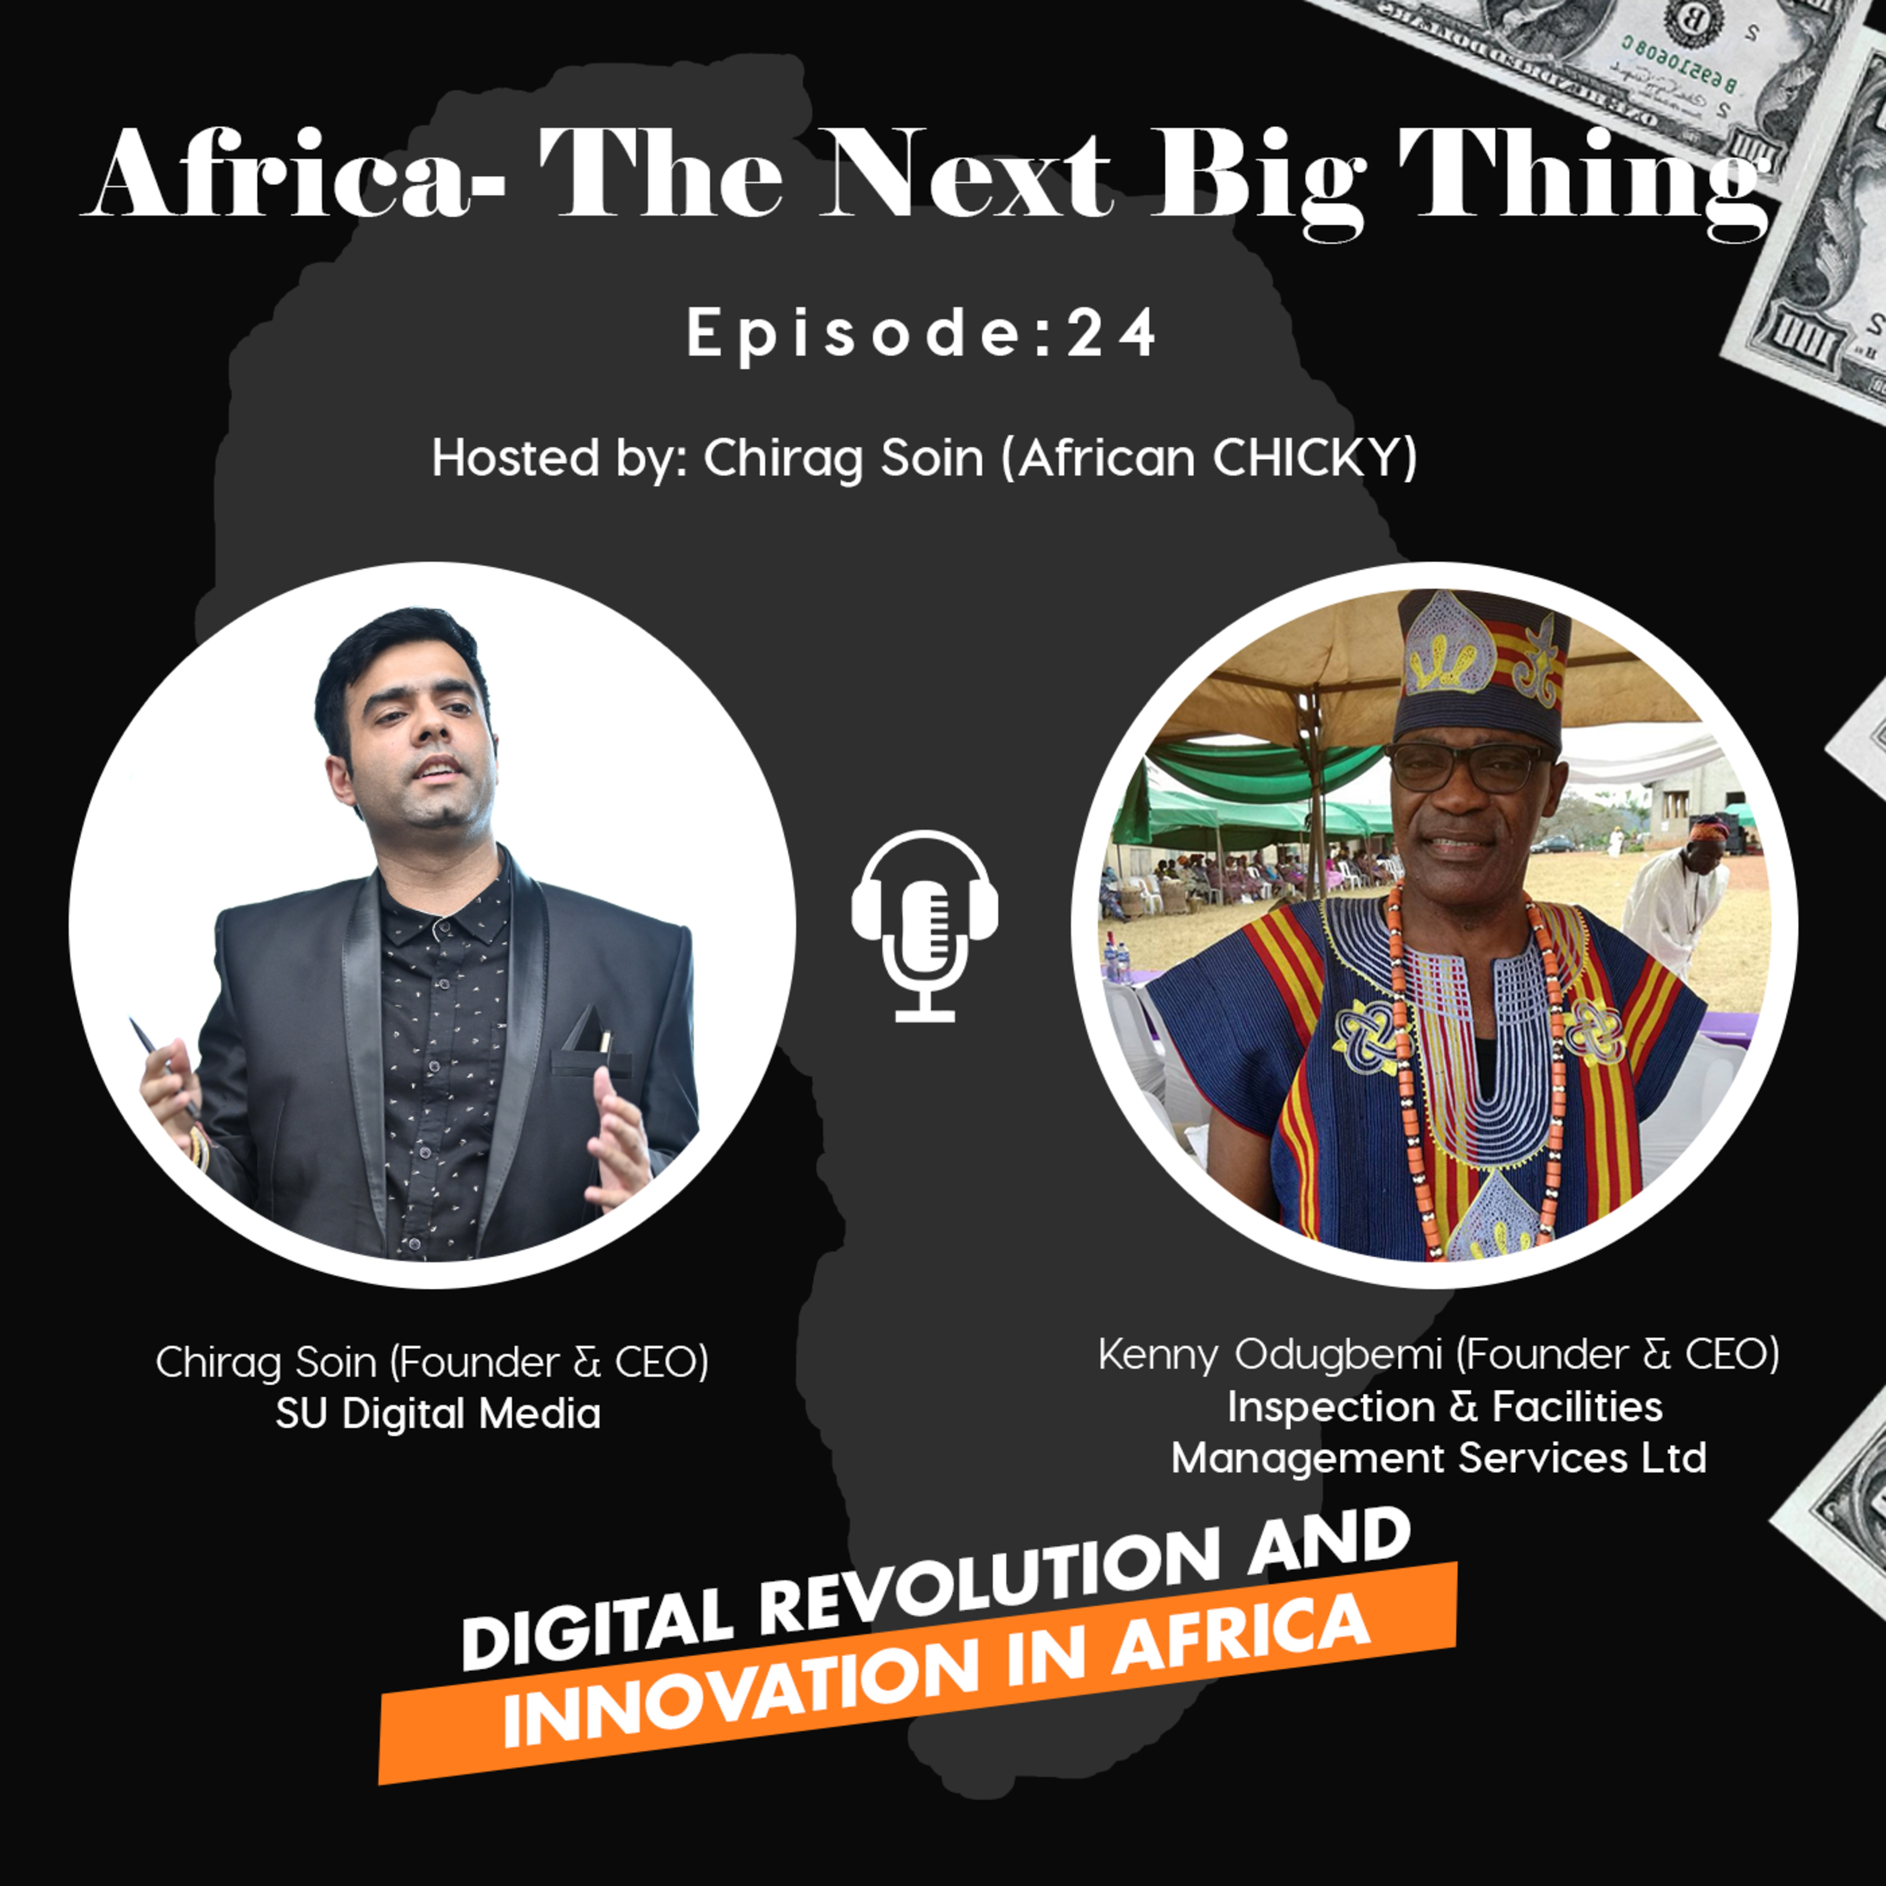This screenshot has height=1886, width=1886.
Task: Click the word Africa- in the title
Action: coord(293,173)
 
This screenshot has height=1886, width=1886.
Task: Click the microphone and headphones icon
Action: coord(924,924)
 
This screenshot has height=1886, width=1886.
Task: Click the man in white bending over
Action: coord(1674,898)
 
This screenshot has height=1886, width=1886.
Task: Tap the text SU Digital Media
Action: coord(438,1413)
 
